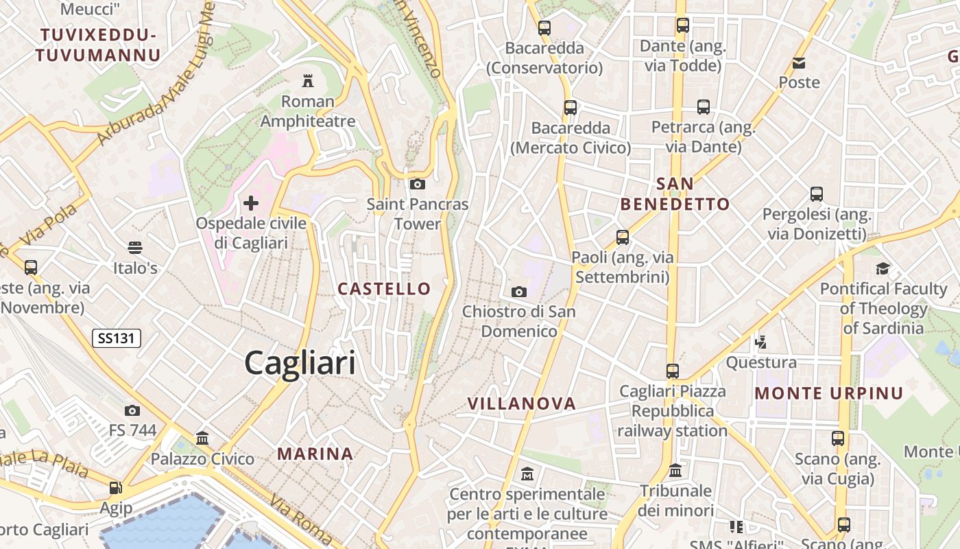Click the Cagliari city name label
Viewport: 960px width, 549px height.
pos(300,362)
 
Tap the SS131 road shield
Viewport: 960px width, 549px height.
pos(117,338)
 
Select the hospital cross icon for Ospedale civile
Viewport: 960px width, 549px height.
pos(251,202)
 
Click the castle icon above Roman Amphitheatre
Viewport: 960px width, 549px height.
pos(308,81)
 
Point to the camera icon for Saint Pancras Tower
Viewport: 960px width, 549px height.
pos(417,184)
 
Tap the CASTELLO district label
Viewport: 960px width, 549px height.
pos(384,289)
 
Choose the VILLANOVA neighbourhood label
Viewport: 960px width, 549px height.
pos(521,404)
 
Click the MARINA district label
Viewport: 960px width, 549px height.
pos(315,454)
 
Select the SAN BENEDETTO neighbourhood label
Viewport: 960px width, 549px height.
pos(675,194)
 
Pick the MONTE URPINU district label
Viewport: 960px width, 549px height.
pos(829,393)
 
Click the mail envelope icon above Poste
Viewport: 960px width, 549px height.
pos(799,63)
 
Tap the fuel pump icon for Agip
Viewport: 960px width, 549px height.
pos(115,488)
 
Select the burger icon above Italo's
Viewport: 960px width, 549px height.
pos(135,247)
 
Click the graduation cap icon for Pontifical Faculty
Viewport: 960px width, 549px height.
pos(883,268)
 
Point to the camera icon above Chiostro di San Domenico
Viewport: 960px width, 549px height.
pos(519,292)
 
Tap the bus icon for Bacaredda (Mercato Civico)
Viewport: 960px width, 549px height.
pos(571,107)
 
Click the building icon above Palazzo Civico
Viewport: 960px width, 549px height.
pos(202,438)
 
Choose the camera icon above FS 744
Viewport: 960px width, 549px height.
pos(132,410)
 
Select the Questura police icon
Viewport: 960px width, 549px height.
pos(760,341)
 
